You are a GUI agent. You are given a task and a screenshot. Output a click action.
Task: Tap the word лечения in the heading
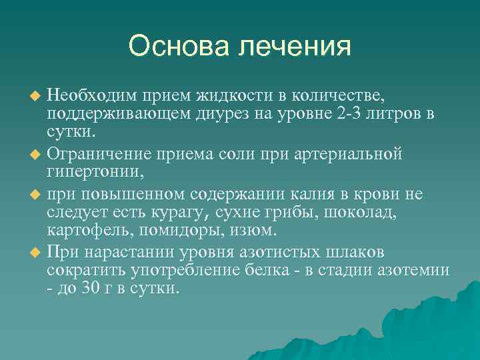point(291,46)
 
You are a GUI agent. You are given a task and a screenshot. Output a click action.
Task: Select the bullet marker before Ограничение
point(54,156)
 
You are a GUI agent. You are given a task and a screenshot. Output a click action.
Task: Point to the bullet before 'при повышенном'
point(54,194)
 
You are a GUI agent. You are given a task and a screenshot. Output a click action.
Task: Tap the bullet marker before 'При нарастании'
point(54,252)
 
